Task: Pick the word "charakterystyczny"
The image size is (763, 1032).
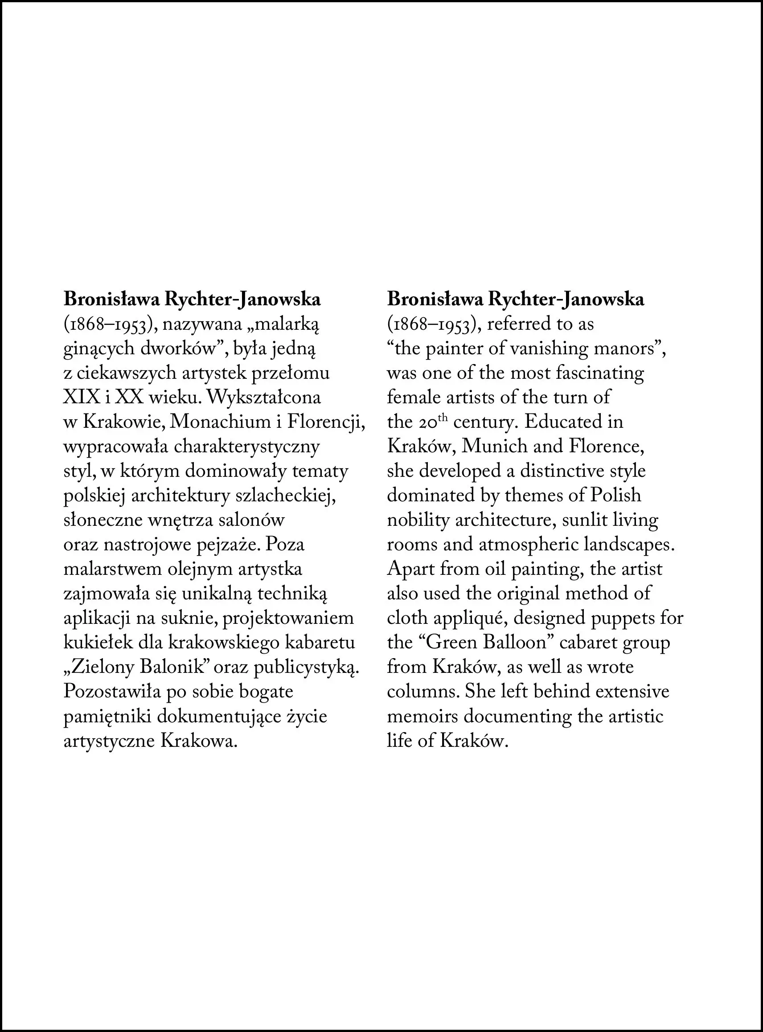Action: pyautogui.click(x=247, y=447)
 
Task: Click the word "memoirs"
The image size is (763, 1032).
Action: pyautogui.click(x=422, y=716)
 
